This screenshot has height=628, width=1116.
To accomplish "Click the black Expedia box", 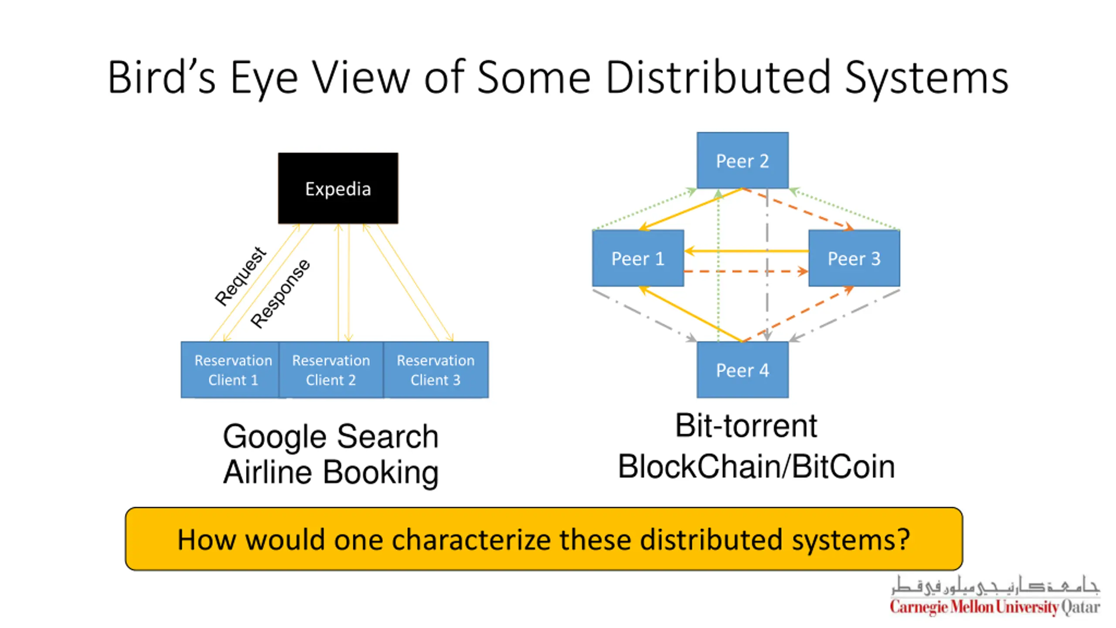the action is [338, 188].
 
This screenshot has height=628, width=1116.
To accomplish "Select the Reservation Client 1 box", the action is [230, 370].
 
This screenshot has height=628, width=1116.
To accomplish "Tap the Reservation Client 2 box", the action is [331, 370].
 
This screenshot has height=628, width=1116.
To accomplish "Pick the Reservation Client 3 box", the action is [436, 370].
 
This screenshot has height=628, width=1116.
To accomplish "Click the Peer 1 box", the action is [638, 258].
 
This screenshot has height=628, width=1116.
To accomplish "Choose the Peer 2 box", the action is [742, 160].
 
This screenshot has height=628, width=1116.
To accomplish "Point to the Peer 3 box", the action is [854, 258].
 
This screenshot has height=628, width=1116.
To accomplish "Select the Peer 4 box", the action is [742, 370].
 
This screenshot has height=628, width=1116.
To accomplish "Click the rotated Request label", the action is [240, 276].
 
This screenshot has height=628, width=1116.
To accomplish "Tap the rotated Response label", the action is [280, 293].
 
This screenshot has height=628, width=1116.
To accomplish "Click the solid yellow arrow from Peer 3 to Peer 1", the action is [746, 251].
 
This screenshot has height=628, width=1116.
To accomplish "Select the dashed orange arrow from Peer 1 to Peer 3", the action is [746, 271].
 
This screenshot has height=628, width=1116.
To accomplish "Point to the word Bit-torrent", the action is [746, 426].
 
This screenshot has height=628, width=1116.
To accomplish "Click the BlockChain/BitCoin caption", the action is [756, 467].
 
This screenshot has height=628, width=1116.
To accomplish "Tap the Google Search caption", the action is [330, 437].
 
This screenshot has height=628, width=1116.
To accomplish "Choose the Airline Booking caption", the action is [331, 473].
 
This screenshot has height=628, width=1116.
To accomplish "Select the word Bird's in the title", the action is [162, 77].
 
